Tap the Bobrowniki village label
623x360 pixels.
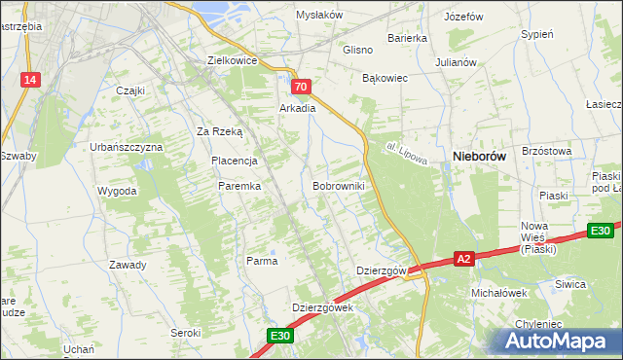tap(339, 185)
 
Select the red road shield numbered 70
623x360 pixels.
tap(302, 88)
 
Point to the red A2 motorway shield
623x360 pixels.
tap(464, 259)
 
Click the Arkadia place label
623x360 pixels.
tap(298, 108)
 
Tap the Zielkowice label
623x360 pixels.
tap(232, 59)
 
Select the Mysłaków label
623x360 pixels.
tap(320, 16)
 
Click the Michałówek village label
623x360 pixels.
tap(498, 292)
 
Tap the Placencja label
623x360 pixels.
tap(234, 161)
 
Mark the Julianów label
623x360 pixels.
tap(456, 61)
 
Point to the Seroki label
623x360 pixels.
tap(185, 333)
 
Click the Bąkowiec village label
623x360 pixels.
tap(385, 77)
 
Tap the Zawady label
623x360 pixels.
tap(128, 265)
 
